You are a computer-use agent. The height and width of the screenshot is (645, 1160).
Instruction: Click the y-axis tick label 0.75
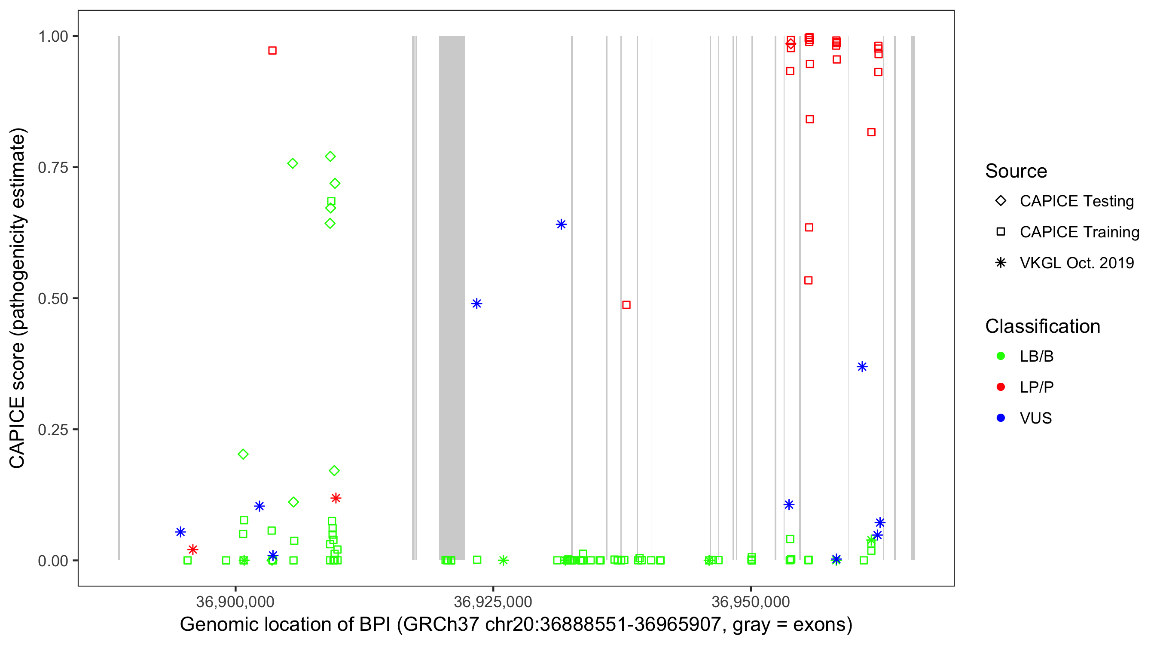point(52,168)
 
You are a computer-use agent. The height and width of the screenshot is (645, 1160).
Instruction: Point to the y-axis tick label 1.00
point(52,37)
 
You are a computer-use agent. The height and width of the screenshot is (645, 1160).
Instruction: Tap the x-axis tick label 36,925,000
point(493,602)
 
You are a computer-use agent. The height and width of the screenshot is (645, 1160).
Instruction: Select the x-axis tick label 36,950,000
point(751,602)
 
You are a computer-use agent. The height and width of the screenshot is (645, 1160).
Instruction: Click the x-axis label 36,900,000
point(235,602)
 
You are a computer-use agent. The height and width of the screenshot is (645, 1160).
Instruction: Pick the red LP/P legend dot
point(1001,387)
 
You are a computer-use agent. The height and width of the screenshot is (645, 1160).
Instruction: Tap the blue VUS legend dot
point(1001,418)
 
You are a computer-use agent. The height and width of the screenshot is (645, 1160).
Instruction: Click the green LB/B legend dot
point(1001,356)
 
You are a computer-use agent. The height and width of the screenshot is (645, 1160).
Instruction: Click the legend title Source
point(1016,171)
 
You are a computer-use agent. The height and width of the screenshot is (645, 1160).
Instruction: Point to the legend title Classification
point(1042,326)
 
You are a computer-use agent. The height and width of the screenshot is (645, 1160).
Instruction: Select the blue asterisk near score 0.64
point(561,224)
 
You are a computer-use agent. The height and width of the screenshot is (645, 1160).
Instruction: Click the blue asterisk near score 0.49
point(476,304)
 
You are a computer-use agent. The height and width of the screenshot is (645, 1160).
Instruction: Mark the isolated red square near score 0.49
point(626,305)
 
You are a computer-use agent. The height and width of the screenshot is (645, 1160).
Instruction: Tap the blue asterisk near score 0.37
point(862,367)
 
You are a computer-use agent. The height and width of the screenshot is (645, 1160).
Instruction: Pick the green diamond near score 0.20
point(243,455)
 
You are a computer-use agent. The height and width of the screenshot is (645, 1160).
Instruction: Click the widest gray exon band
point(452,298)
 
